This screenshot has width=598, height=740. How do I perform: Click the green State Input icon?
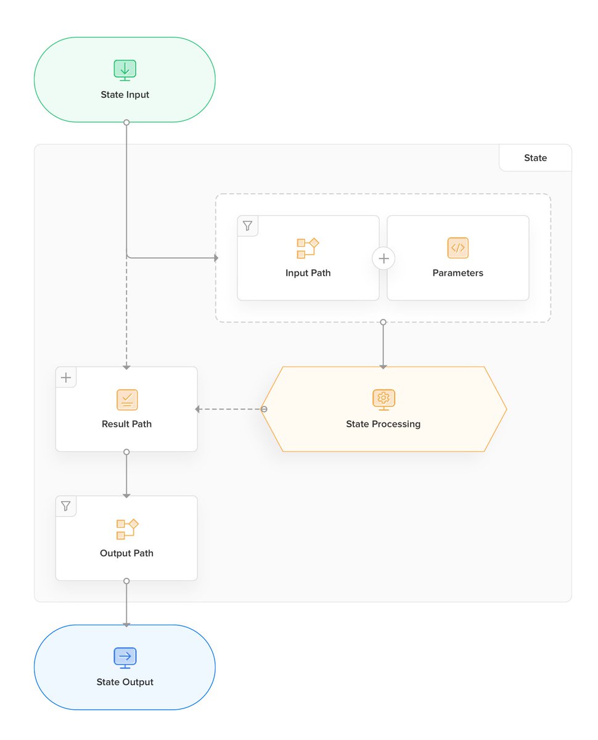125,70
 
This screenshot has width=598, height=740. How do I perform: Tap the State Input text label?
125,95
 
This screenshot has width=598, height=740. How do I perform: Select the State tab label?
535,158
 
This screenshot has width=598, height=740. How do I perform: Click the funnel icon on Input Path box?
248,226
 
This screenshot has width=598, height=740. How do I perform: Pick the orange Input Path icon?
308,248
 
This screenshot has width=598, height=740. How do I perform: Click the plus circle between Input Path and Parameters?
383,258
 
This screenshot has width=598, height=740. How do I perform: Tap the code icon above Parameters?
457,248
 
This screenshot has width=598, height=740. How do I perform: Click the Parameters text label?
457,273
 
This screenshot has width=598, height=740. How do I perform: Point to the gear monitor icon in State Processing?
383,399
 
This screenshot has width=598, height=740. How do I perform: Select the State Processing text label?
383,424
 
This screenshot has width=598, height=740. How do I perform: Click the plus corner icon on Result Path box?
66,377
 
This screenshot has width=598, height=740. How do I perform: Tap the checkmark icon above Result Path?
127,400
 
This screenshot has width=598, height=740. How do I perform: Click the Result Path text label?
126,424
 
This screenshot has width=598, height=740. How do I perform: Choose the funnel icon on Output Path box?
66,506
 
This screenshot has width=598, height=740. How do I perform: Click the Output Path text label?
126,553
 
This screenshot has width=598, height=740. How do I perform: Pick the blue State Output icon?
125,657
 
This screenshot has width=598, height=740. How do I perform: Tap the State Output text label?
125,682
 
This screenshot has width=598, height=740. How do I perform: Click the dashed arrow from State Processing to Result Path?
229,409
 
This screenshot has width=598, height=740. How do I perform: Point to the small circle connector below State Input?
126,122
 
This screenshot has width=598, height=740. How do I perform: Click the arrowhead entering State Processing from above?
383,366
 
